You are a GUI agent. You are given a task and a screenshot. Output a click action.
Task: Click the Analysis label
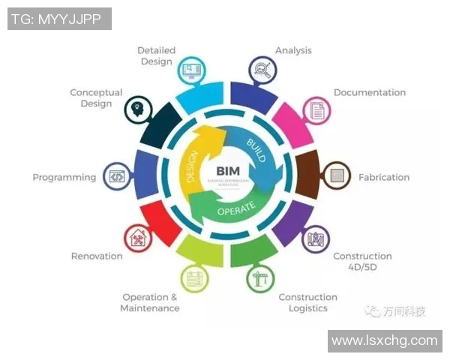point(293,51)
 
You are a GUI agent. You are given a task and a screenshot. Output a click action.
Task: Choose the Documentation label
point(369,93)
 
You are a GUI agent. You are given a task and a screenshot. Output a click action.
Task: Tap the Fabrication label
point(384,178)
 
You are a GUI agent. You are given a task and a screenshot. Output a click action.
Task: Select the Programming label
point(64,178)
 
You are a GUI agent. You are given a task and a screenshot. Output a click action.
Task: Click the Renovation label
point(97,256)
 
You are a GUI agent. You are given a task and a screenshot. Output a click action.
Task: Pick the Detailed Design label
point(156,56)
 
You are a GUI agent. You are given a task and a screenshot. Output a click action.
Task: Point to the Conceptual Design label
point(96,98)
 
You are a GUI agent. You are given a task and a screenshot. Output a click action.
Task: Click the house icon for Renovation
point(138,239)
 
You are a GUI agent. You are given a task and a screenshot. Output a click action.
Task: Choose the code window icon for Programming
point(116,177)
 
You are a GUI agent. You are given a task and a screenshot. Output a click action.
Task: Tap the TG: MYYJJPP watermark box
point(59,19)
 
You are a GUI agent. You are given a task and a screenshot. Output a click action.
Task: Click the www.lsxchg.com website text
point(384,340)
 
